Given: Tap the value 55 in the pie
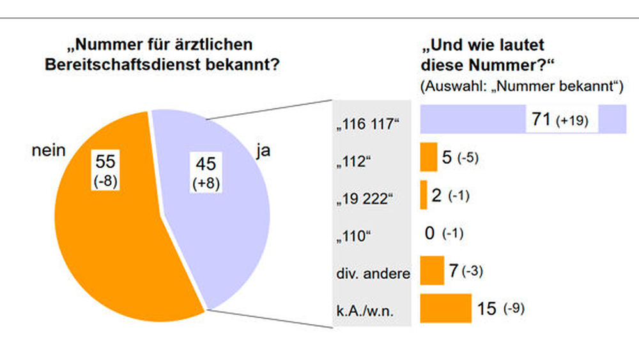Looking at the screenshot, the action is tap(105, 162).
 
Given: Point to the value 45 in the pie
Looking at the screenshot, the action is tap(206, 164).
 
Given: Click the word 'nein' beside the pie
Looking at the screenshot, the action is tap(49, 150).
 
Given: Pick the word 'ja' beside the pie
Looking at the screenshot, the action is tap(263, 152).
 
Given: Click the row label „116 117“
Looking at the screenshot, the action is tap(368, 124).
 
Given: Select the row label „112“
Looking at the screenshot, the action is tap(353, 161).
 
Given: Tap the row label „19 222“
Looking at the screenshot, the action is tap(365, 199).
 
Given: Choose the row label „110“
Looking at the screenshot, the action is tap(353, 237).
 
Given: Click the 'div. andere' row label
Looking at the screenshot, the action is tap(373, 274).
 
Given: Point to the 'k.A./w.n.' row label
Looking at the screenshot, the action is tap(365, 311).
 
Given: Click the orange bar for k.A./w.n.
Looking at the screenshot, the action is tap(446, 308).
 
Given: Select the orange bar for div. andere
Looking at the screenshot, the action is tap(432, 270).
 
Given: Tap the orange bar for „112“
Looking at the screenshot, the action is tap(429, 157).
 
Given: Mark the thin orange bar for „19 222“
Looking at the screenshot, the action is tap(424, 195).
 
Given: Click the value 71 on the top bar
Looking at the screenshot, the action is tap(541, 119).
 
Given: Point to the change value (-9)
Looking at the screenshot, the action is tap(514, 309).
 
